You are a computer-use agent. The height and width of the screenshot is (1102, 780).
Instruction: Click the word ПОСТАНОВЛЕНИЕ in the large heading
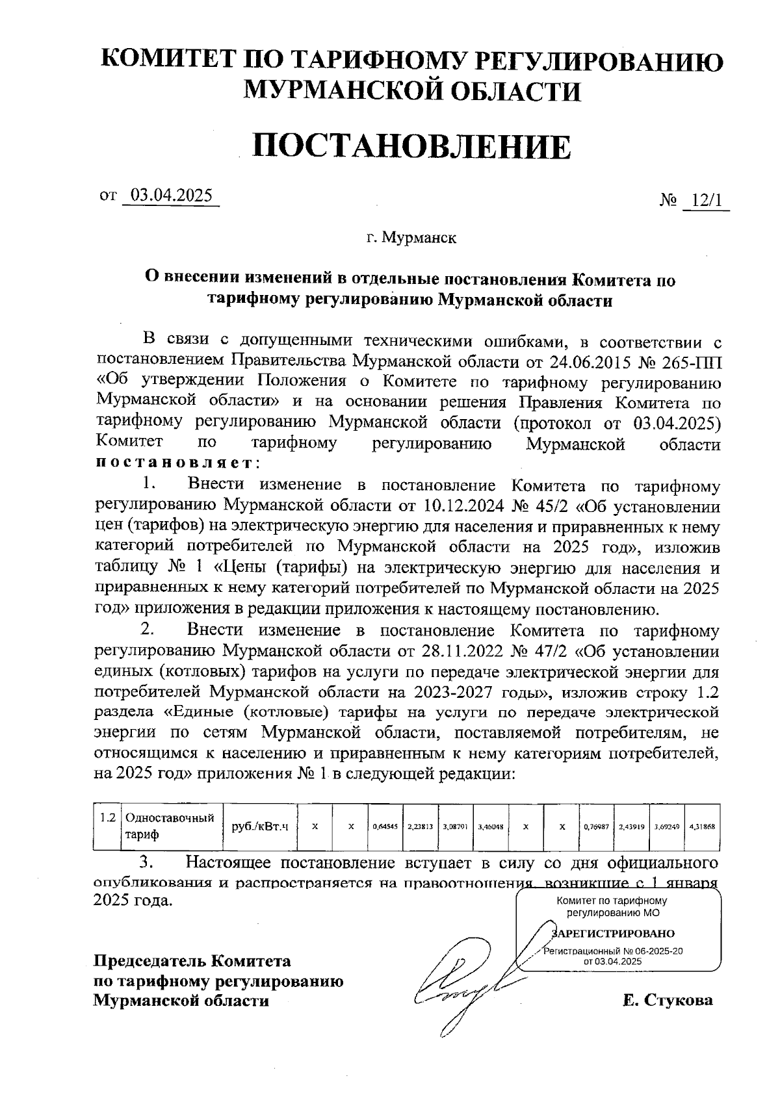(x=412, y=147)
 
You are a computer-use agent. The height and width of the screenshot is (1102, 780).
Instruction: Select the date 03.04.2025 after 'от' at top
(x=172, y=196)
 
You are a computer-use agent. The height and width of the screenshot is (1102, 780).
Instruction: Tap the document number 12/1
(x=707, y=201)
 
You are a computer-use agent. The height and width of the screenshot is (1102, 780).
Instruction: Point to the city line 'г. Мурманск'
(x=411, y=238)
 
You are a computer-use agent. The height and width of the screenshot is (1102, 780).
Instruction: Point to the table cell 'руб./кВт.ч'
(x=260, y=826)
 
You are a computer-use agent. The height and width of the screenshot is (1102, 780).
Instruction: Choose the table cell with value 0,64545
(x=385, y=827)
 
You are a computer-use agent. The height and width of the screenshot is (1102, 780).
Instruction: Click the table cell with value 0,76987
(x=596, y=827)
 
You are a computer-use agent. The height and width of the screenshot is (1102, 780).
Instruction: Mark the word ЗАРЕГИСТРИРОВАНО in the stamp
(x=614, y=934)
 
